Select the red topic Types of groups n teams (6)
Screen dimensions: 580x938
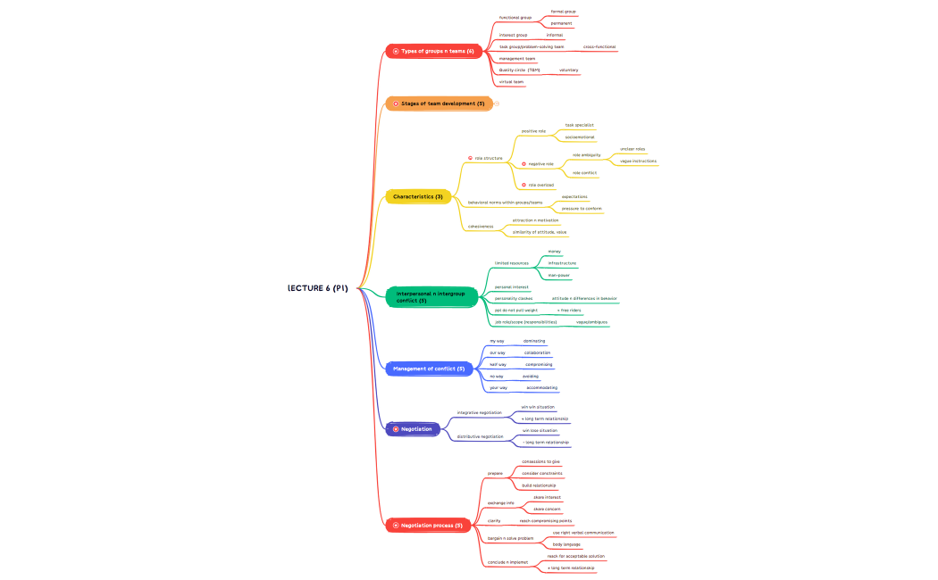coord(438,52)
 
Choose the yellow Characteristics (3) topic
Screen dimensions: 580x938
coord(417,196)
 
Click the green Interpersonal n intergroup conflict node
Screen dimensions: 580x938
coord(431,296)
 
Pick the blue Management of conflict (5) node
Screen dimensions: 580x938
coord(429,369)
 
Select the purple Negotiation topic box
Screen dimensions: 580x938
coord(416,429)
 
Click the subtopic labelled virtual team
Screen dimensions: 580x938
coord(511,81)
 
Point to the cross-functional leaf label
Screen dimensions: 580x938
coord(599,46)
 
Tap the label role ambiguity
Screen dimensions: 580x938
coord(586,154)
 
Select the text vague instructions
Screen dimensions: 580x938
coord(638,161)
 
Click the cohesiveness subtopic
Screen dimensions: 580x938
coord(481,226)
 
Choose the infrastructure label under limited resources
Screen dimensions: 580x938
coord(562,263)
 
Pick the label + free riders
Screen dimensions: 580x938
coord(569,310)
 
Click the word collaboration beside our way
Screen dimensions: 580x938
coord(537,352)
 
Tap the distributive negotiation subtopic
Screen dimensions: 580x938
coord(480,436)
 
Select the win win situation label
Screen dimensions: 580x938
coord(538,407)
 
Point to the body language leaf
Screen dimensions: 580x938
coord(566,543)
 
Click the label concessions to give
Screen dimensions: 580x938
coord(541,461)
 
